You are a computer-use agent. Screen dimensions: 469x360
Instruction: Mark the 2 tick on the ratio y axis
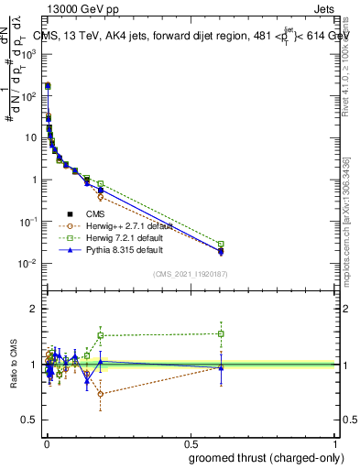(x=36, y=309)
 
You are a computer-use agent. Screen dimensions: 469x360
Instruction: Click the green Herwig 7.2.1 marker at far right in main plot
(x=221, y=244)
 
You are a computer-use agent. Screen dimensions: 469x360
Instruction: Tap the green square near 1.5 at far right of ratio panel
(x=221, y=333)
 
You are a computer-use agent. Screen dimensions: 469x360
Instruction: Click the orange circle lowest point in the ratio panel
(x=101, y=394)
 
